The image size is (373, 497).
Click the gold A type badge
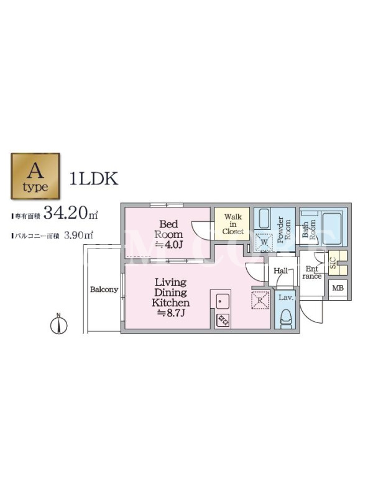tap(35, 176)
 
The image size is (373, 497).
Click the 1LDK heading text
tap(94, 178)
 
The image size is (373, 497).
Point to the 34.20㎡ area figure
tap(70, 212)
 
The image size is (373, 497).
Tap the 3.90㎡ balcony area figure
tap(78, 235)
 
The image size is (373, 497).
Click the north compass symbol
tap(59, 324)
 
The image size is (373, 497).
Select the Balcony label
tap(104, 290)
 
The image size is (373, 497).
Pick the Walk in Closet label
tap(233, 224)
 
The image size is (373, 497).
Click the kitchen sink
tap(223, 301)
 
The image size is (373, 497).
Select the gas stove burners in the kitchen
tap(223, 320)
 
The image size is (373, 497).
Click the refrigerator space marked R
tap(260, 300)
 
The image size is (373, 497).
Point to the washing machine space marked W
tap(264, 242)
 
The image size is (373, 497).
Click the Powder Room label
tap(284, 229)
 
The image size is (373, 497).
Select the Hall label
tap(281, 271)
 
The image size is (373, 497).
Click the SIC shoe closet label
tap(333, 263)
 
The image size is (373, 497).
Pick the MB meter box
tap(338, 288)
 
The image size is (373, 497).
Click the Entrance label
tap(312, 273)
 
